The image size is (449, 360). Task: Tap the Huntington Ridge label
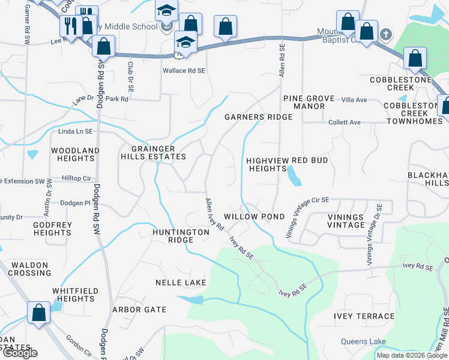181,236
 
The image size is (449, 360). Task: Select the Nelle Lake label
181,282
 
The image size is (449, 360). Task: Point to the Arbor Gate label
139,310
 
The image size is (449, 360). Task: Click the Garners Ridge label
258,117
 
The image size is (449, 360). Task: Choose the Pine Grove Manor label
304,102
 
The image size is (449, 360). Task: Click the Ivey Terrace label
364,316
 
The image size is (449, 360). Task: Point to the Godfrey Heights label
53,229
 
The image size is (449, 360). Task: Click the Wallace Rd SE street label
184,70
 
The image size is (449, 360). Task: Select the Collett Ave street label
344,122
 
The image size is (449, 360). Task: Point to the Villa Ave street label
354,100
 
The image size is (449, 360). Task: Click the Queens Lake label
363,342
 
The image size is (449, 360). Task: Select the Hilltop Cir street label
76,179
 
